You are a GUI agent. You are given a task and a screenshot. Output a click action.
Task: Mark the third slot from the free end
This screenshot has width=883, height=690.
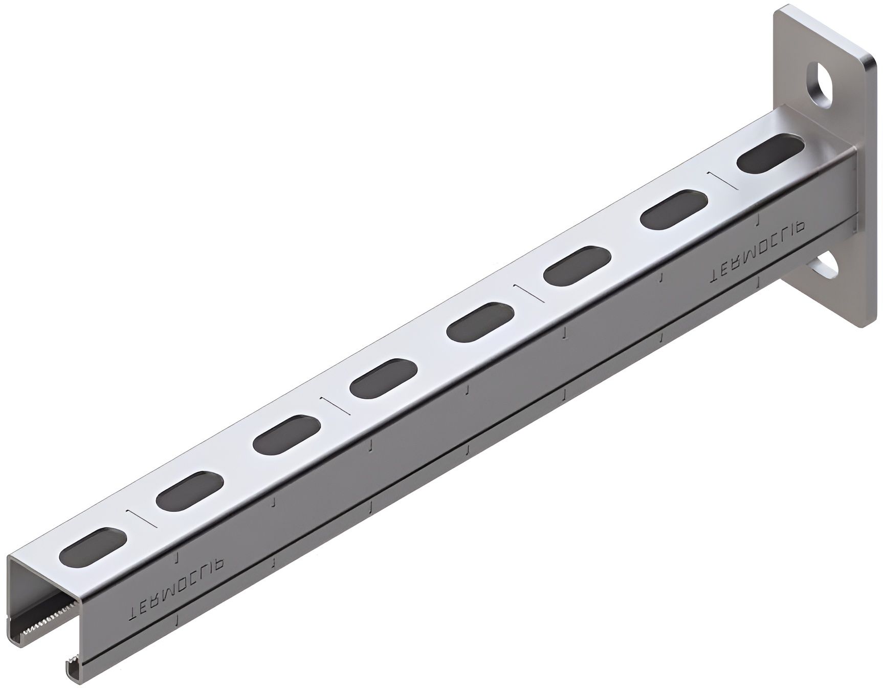click(286, 434)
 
